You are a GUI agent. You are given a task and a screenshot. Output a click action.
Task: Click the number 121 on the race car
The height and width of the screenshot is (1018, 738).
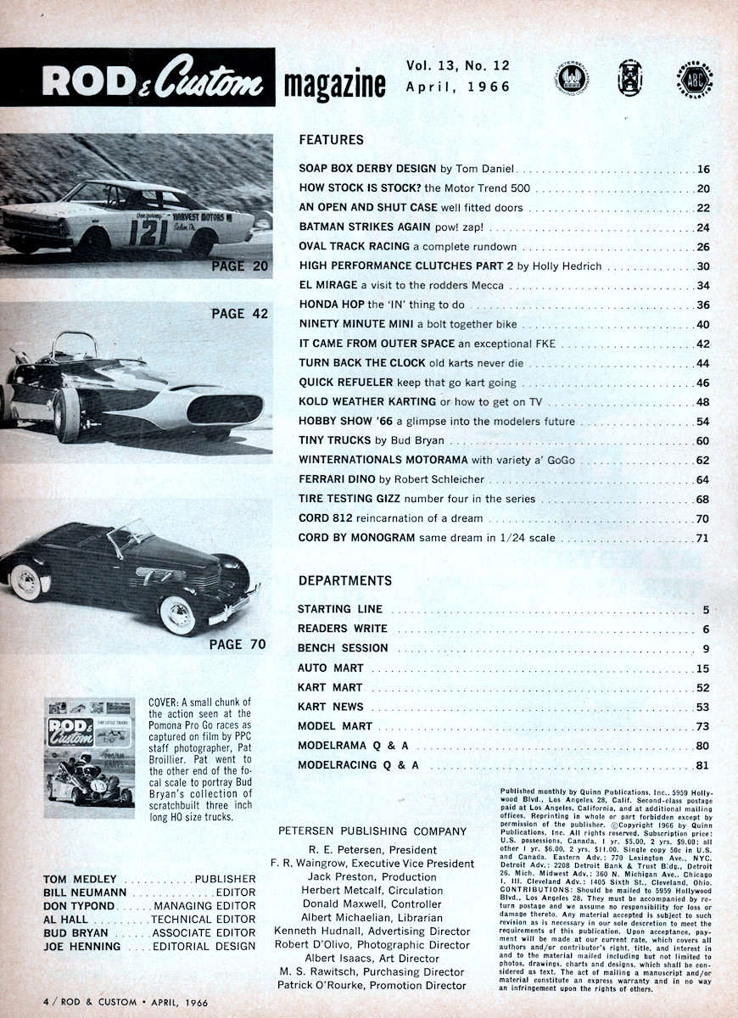pos(148,231)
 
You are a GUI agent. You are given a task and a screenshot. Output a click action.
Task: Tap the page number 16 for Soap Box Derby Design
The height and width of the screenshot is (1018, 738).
pos(703,170)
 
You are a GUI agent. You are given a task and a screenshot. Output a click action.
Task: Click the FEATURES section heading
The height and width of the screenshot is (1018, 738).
pos(331,140)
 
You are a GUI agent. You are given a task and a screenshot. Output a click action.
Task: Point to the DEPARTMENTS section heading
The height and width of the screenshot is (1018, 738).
pos(344,581)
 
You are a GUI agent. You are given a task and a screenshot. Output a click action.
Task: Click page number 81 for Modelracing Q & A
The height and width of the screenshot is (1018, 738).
pos(703,766)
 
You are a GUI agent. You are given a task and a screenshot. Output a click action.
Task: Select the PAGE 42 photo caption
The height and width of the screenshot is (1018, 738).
pos(239,314)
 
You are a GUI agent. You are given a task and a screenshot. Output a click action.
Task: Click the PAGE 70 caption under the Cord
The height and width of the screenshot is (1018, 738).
pos(238,644)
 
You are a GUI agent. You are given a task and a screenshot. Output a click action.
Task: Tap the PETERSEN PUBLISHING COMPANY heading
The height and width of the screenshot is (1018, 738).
pos(372,831)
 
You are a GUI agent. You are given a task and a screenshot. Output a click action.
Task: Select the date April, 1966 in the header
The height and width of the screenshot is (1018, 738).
pos(458,87)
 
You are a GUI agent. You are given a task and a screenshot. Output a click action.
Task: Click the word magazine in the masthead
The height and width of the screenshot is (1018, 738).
pos(334,85)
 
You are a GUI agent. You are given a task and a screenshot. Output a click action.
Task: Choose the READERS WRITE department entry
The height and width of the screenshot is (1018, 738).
pos(342,629)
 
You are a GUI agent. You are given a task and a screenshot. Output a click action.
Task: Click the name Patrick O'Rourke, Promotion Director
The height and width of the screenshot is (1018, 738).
pos(372,985)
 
